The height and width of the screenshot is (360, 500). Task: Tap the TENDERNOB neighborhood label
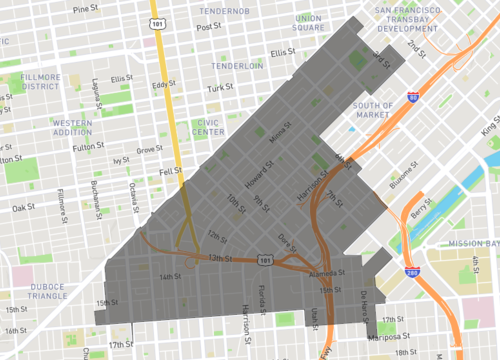coord(223,11)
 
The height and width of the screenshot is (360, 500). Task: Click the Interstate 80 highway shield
coord(413,97)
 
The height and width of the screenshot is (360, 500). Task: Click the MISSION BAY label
coord(472,243)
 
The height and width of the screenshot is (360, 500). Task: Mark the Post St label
coord(207,27)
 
